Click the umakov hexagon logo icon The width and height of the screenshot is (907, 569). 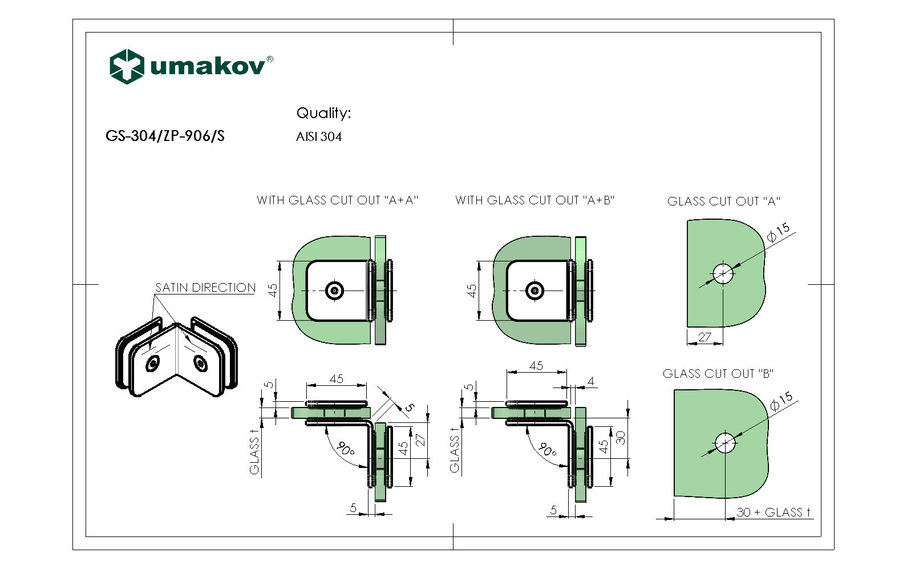tap(126, 66)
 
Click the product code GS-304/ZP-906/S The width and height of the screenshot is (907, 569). tap(165, 136)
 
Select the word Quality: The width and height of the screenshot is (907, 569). tap(323, 113)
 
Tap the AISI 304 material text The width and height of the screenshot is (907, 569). tap(319, 137)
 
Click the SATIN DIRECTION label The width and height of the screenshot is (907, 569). tap(205, 288)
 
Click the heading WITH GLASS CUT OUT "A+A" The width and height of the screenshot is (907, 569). tap(337, 200)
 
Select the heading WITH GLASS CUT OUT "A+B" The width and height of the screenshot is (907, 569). tap(535, 200)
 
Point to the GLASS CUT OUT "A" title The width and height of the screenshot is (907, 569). tap(723, 201)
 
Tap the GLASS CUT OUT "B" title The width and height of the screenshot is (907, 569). tap(718, 374)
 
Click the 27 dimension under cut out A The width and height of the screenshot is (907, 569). tap(704, 337)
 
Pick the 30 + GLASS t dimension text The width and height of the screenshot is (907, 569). tap(774, 512)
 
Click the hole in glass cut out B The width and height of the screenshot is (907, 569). tap(725, 443)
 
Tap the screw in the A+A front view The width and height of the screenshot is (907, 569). tap(334, 291)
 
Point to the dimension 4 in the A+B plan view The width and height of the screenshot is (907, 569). tap(590, 381)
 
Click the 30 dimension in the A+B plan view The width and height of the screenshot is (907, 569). tap(621, 437)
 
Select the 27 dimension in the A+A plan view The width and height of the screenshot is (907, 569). tap(420, 439)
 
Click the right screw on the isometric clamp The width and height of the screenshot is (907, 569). tap(201, 362)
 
